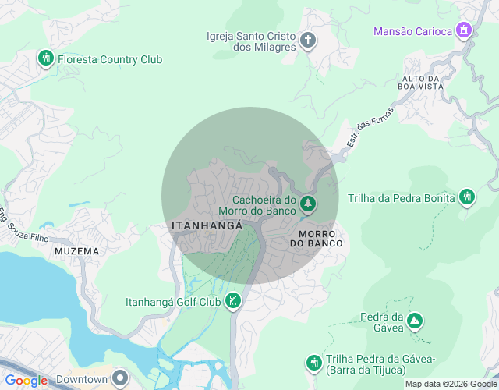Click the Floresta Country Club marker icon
46,58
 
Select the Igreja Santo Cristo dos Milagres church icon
308,40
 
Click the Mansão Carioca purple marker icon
465,31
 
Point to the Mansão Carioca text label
412,32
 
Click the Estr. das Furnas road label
370,127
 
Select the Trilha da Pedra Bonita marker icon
467,197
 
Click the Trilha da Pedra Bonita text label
401,198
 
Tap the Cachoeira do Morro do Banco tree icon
309,204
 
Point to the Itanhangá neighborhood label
207,225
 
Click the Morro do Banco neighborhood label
316,239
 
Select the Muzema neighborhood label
76,251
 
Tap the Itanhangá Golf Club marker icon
232,300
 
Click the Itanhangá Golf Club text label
172,302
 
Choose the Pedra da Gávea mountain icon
415,320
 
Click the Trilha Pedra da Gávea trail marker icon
313,362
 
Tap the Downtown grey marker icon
119,378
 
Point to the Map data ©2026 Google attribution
450,384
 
